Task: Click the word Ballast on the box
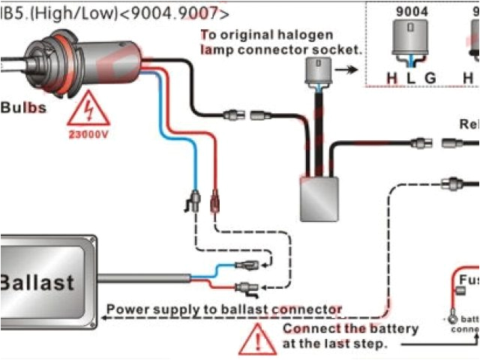point(37,282)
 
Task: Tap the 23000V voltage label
point(88,136)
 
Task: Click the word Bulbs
point(23,107)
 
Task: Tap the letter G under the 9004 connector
point(430,77)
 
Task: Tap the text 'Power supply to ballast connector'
point(224,309)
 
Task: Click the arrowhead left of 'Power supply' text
point(103,317)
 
